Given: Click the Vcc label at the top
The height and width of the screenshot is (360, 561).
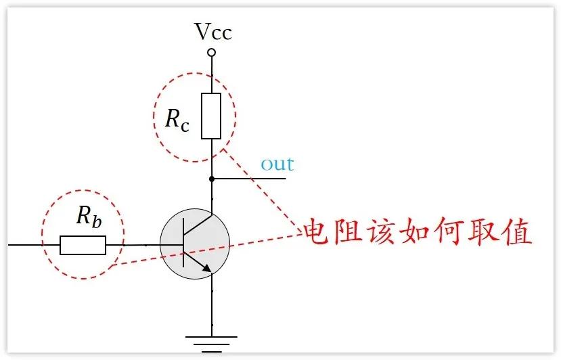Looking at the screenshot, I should click(212, 32).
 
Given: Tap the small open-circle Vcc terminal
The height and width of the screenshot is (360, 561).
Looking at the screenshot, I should click(212, 52).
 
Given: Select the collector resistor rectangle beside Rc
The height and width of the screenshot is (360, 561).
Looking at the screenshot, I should click(212, 116).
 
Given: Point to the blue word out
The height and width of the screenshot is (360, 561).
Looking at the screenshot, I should click(277, 164).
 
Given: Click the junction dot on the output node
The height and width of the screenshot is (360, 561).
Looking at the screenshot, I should click(212, 179).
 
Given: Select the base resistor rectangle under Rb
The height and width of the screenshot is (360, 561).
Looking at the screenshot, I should click(83, 245).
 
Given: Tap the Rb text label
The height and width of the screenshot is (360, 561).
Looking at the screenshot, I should click(89, 217).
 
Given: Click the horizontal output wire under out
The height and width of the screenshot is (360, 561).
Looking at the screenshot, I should click(254, 179).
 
